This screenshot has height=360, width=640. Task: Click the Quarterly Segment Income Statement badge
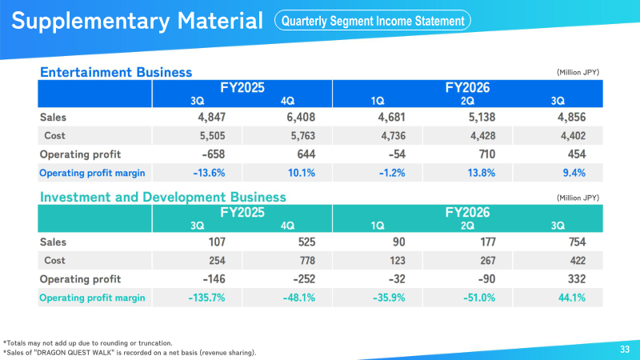click(x=373, y=21)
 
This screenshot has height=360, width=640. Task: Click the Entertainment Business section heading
click(x=116, y=72)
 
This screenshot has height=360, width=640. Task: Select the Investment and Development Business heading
click(x=163, y=197)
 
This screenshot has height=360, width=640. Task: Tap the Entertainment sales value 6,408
click(x=301, y=117)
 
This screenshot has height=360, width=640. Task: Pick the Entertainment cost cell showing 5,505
click(x=212, y=135)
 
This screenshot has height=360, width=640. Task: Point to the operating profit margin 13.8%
click(x=482, y=173)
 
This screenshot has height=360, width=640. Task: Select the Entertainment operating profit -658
click(x=213, y=154)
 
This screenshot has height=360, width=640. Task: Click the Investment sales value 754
click(x=577, y=242)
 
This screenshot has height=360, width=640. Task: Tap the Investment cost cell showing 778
click(x=307, y=261)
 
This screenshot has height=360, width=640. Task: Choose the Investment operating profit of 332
click(x=577, y=279)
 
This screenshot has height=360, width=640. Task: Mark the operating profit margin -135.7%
click(x=206, y=298)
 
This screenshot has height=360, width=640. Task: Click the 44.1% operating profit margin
click(x=572, y=298)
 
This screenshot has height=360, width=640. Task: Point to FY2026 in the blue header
click(x=467, y=87)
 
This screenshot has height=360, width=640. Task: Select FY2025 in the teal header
click(x=242, y=212)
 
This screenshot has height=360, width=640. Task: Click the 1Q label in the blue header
click(x=378, y=101)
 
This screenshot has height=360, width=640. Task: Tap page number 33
click(x=625, y=350)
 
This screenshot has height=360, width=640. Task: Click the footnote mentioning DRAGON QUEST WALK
click(x=130, y=353)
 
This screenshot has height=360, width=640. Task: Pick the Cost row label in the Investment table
click(x=54, y=261)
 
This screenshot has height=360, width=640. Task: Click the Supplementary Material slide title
click(x=137, y=21)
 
